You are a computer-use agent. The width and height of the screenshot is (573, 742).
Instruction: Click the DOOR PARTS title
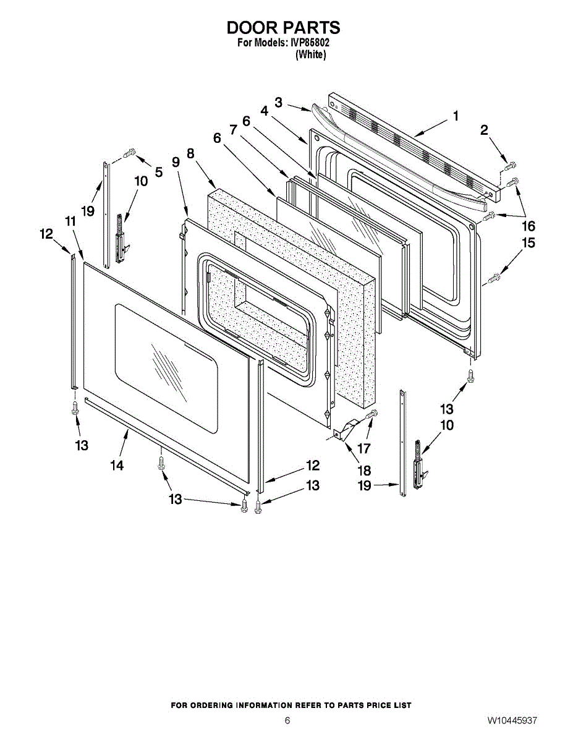(284, 28)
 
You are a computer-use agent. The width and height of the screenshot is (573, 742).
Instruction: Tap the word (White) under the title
(311, 54)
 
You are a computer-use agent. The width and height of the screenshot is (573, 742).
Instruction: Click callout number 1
(456, 116)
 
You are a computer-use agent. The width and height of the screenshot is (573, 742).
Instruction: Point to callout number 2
(484, 130)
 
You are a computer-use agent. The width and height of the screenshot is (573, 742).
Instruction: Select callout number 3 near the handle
(279, 102)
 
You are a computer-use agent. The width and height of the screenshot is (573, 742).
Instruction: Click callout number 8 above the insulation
(190, 153)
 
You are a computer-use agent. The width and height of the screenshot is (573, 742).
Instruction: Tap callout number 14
(117, 465)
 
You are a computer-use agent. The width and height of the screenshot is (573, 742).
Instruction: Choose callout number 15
(528, 244)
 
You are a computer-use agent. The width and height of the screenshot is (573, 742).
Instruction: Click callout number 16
(528, 226)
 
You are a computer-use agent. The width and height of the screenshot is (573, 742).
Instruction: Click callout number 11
(70, 221)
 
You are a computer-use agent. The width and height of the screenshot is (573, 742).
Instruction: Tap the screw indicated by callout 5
(130, 151)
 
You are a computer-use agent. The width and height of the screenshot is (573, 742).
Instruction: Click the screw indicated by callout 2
(510, 165)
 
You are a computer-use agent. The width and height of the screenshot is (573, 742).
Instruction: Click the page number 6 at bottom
(287, 720)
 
